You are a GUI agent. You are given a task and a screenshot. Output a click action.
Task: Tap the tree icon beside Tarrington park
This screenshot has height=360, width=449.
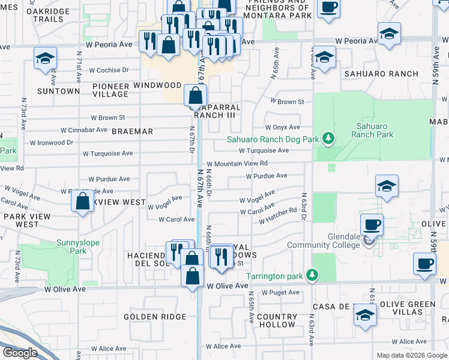312,275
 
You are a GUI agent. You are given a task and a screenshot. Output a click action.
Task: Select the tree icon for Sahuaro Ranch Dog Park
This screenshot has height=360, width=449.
328,139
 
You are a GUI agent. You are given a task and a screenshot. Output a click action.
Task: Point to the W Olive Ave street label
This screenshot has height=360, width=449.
228,286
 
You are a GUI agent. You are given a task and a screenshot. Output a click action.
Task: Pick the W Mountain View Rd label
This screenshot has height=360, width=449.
237,163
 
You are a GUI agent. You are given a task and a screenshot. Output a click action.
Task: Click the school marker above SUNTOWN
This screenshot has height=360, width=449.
45,58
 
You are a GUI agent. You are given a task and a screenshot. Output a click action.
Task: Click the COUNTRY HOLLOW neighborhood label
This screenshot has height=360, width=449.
276,320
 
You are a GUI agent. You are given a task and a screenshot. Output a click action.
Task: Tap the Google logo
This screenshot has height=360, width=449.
20,352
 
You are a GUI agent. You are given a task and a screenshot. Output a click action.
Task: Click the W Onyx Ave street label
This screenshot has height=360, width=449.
283,127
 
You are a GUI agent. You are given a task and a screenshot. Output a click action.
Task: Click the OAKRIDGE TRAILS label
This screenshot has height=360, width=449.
41,15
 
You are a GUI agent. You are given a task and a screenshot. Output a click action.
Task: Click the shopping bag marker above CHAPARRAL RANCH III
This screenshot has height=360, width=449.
196,95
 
